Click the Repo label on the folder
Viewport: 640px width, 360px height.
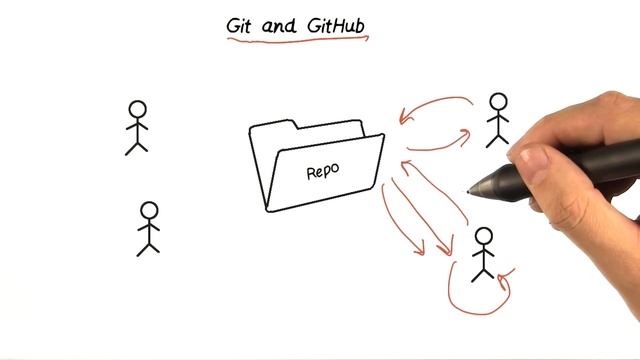[322, 170]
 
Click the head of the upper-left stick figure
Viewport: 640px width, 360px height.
[137, 109]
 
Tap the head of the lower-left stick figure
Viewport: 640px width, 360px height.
[149, 210]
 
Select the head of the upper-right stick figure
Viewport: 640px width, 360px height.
[498, 101]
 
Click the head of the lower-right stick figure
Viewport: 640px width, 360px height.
[484, 237]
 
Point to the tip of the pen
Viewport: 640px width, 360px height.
[470, 191]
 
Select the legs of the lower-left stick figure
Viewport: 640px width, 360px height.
[148, 246]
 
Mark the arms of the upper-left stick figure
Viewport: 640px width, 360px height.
[137, 126]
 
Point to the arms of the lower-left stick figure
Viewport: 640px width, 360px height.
[149, 227]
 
